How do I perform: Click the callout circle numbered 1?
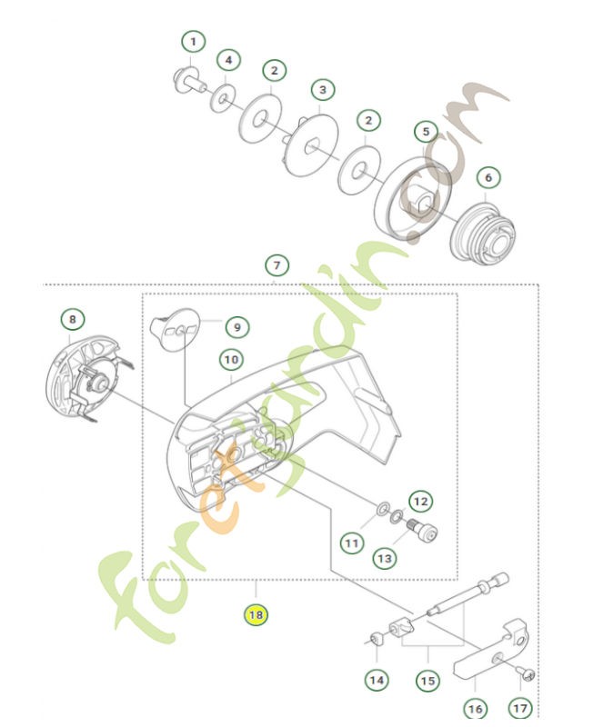pyautogui.click(x=193, y=42)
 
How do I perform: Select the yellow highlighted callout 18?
pyautogui.click(x=255, y=615)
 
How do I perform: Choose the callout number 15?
pyautogui.click(x=428, y=679)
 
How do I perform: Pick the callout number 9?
pyautogui.click(x=236, y=326)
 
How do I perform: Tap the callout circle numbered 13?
pyautogui.click(x=386, y=556)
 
